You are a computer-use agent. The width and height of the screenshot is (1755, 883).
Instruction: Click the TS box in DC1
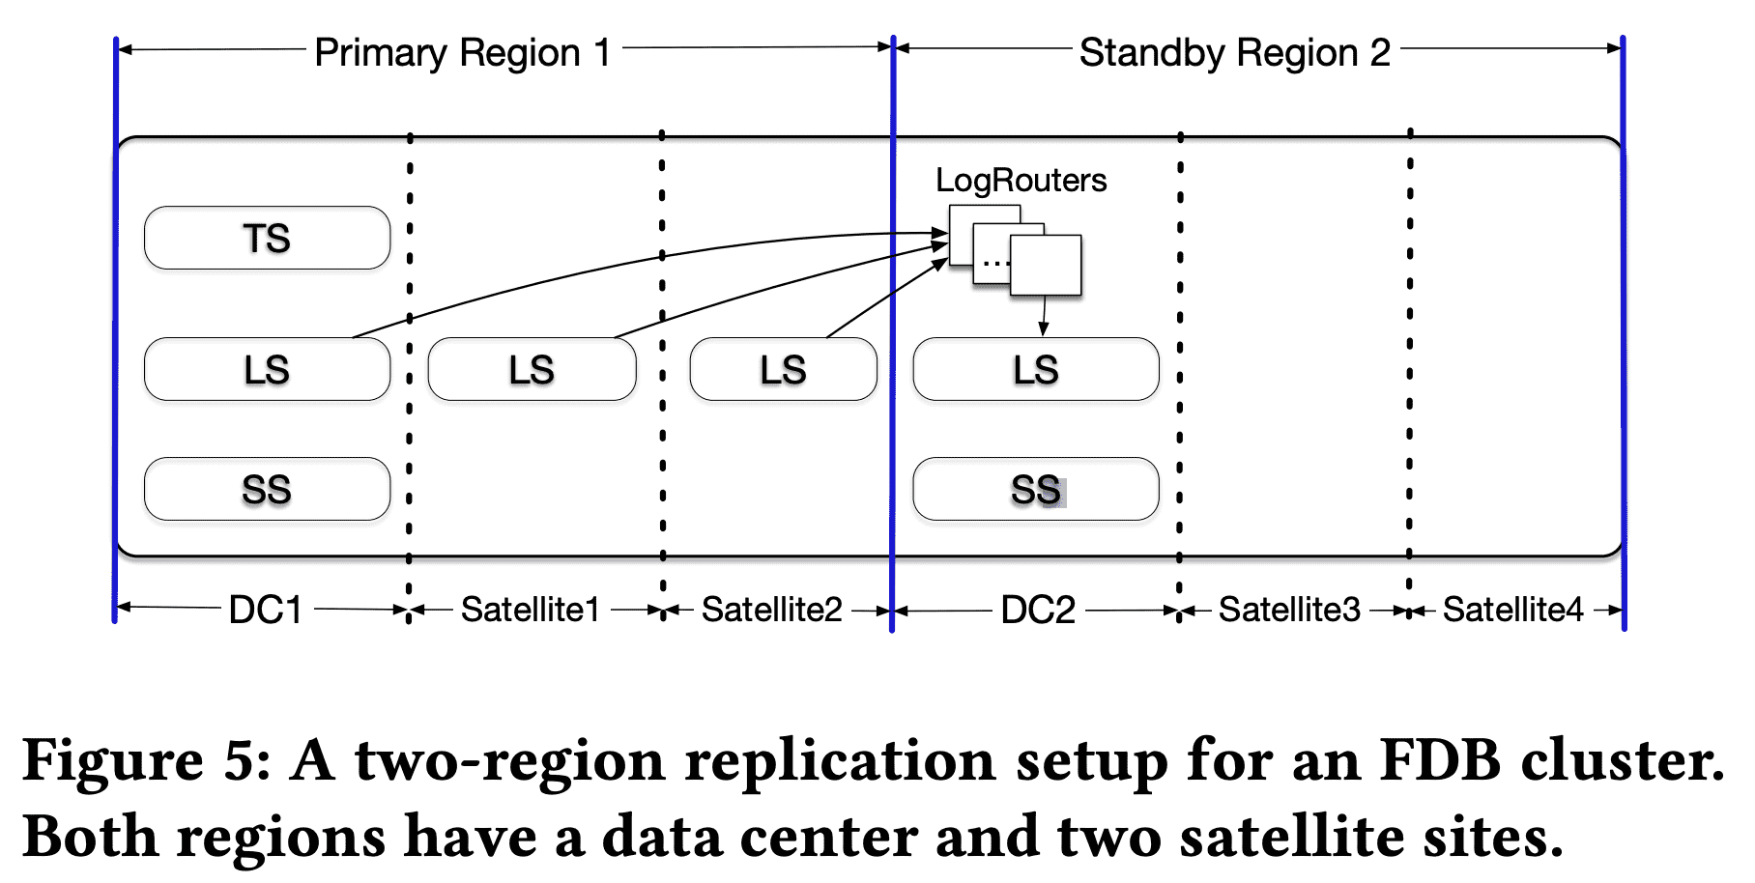[267, 238]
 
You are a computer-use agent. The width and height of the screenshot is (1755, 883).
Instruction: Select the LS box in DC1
[267, 369]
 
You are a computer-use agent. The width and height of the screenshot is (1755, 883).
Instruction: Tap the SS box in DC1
[267, 489]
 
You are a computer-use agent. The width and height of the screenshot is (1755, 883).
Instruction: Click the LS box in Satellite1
[532, 369]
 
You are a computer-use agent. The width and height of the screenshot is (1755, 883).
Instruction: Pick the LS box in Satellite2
[783, 369]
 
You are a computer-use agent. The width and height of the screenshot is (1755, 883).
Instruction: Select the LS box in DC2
[1035, 369]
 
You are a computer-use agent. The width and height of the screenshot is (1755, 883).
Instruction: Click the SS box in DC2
[1035, 489]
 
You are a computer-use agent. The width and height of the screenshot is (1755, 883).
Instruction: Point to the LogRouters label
[1021, 181]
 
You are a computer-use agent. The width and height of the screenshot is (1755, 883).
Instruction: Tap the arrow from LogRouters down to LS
[1043, 316]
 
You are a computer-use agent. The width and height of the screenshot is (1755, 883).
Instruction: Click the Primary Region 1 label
[463, 52]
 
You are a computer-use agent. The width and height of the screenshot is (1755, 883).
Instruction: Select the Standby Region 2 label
[1234, 52]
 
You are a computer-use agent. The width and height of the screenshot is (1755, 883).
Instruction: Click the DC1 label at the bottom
[266, 610]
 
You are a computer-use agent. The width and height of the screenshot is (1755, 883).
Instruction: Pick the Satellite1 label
[531, 610]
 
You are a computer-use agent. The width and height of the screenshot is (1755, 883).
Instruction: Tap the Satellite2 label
[772, 610]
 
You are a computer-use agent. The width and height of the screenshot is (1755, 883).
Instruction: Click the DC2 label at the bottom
[1038, 610]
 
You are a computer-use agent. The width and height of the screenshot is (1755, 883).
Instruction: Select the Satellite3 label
[1289, 610]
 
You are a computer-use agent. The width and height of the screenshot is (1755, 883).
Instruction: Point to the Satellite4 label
[1512, 610]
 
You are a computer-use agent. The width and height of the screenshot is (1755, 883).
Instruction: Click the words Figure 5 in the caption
[146, 761]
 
